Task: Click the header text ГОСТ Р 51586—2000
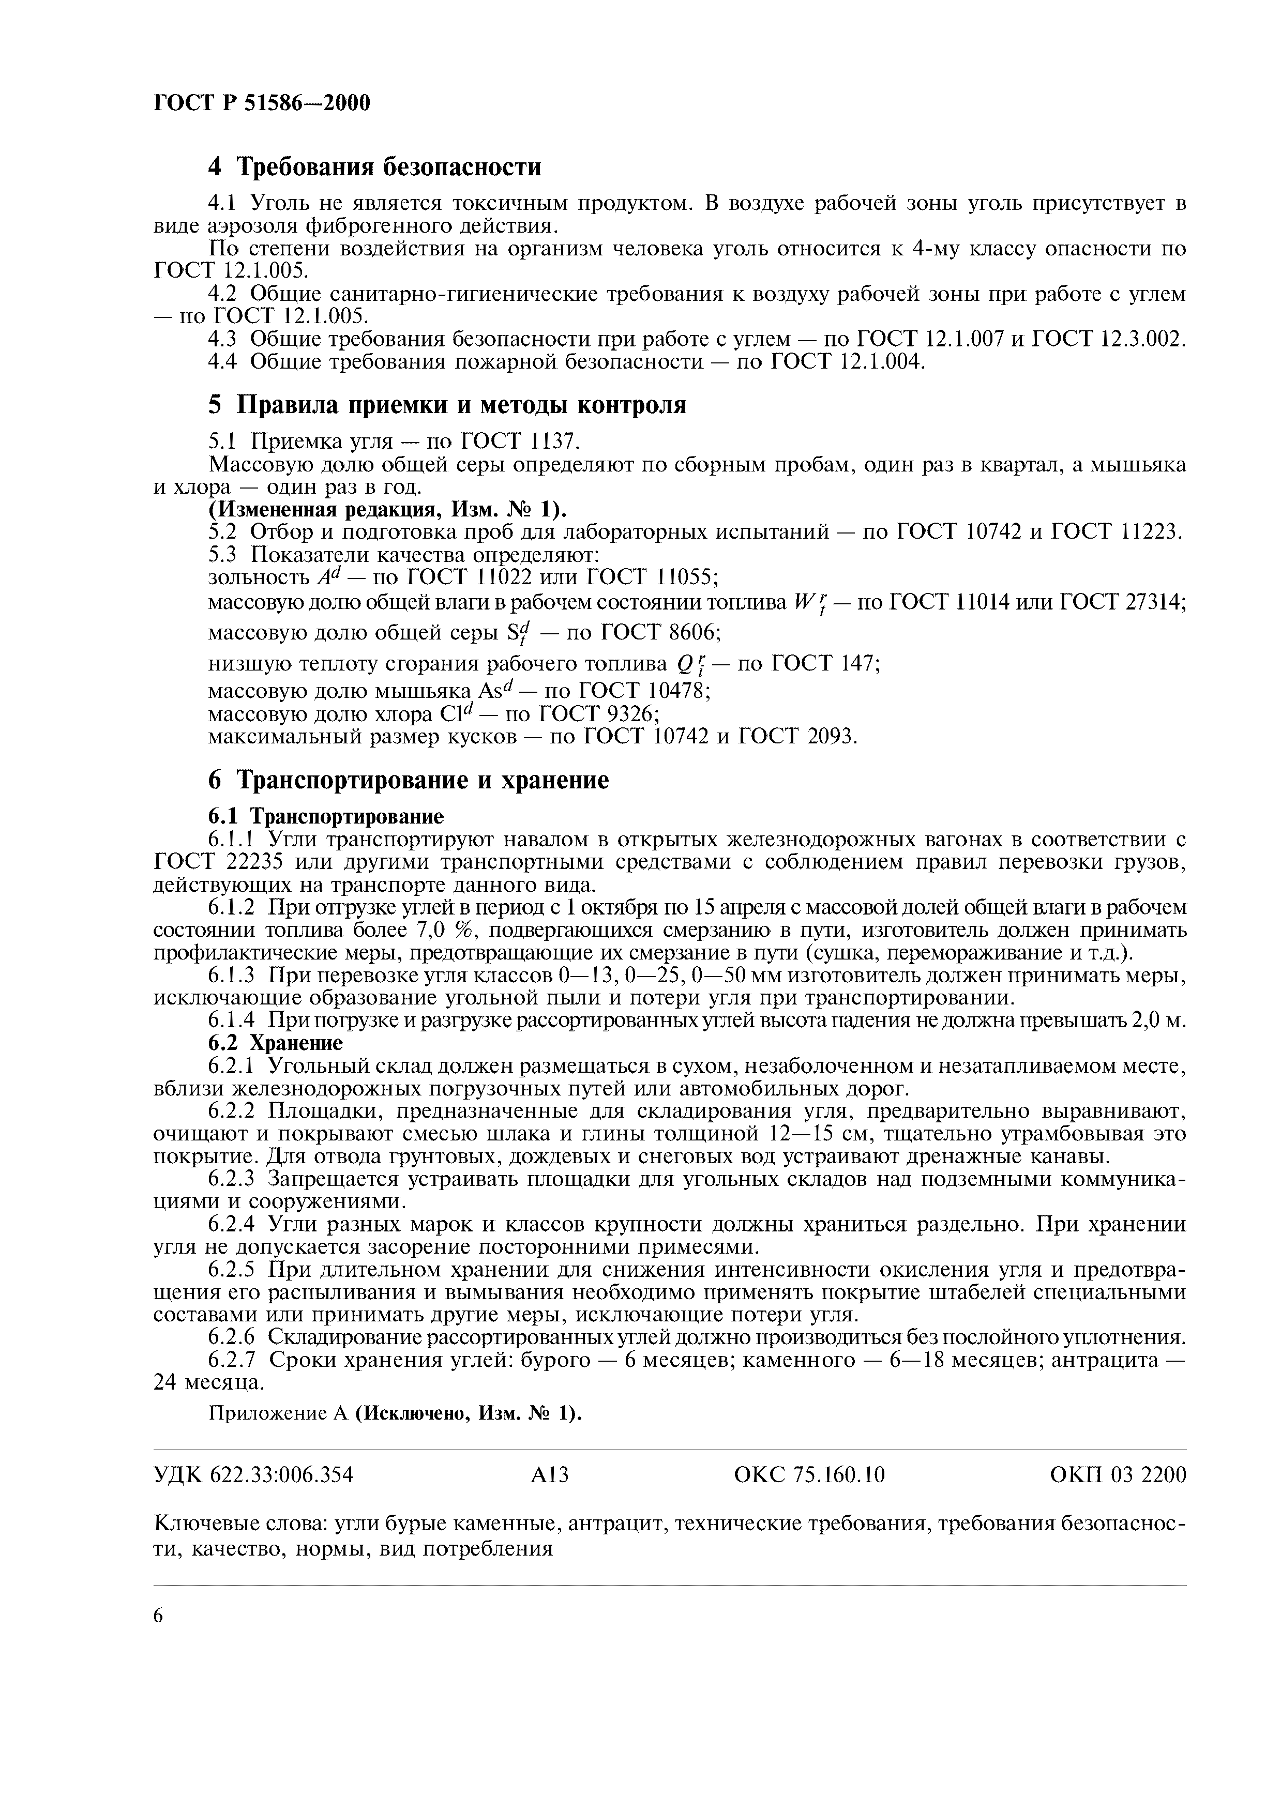click(x=261, y=103)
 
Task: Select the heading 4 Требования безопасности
click(x=375, y=167)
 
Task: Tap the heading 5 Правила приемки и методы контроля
click(x=447, y=406)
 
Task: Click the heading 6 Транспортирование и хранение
click(x=409, y=780)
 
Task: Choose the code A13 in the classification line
click(x=550, y=1475)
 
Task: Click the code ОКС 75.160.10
click(x=809, y=1475)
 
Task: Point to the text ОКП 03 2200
click(x=1118, y=1475)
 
